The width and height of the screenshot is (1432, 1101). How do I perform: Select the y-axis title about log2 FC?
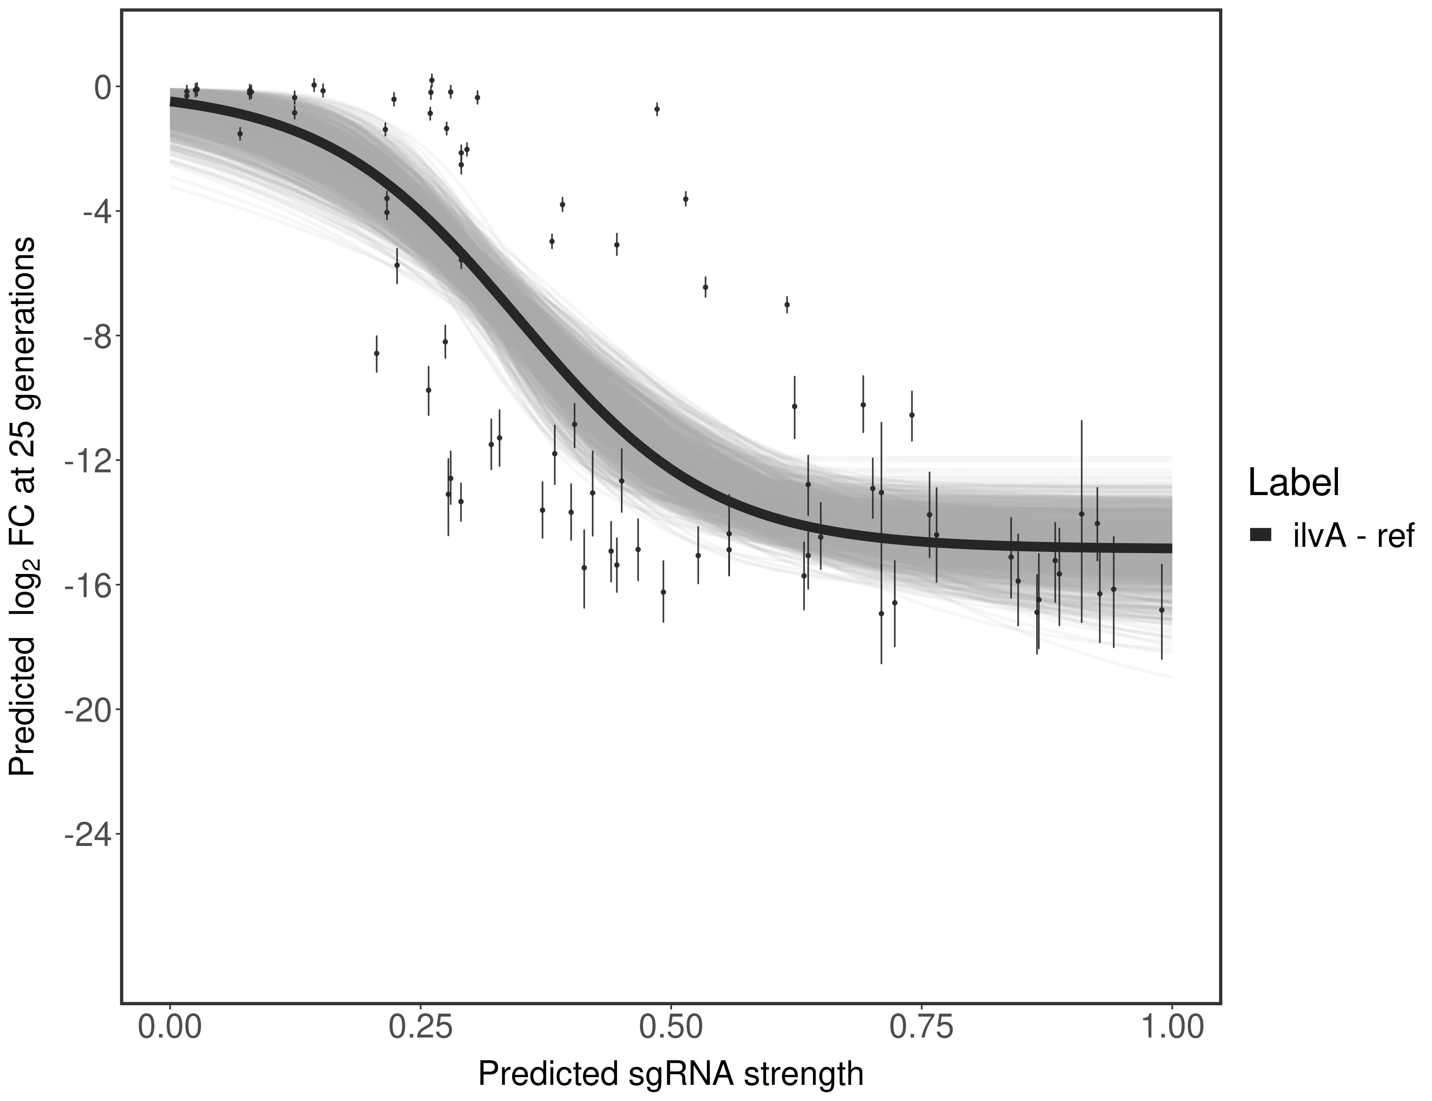[x=23, y=506]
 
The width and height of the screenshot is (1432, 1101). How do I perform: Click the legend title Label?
[x=1293, y=483]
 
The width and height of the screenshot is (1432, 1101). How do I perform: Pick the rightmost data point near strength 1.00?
[x=1162, y=610]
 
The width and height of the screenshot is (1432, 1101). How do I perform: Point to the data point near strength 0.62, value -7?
[x=787, y=305]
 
